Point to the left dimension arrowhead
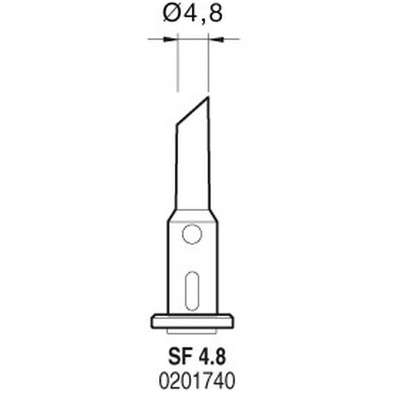[x=171, y=39]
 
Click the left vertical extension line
[x=177, y=64]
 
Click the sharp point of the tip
[x=208, y=96]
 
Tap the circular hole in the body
[x=192, y=234]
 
